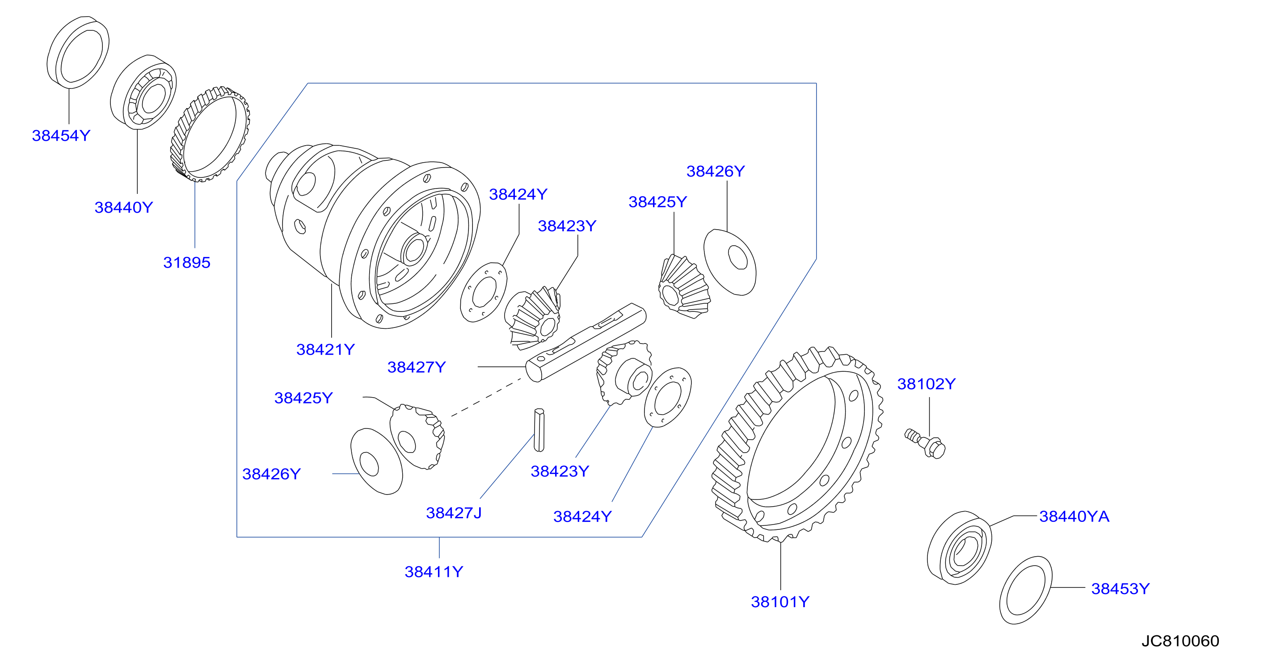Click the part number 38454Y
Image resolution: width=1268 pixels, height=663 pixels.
pos(61,135)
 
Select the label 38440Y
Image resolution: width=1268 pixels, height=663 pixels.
pos(123,207)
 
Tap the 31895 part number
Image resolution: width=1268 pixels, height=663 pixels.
pos(186,262)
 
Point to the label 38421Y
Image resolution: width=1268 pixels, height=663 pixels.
pos(325,349)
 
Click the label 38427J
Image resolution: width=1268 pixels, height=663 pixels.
pos(454,513)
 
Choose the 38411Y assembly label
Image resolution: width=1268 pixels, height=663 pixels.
pos(434,572)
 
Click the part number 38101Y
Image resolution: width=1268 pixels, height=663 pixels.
pos(779,602)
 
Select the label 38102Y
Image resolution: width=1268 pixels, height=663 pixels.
pos(927,384)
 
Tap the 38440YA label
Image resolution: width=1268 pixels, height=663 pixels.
pos(1074,516)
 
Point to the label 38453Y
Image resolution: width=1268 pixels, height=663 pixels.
pos(1121,589)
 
